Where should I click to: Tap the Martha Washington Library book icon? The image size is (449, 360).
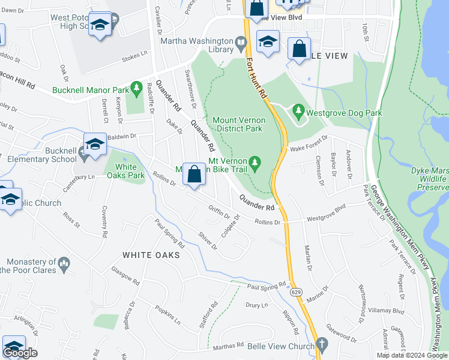point(241,43)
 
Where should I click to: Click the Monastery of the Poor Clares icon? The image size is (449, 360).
point(62,263)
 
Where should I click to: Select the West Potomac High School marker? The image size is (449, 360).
point(100,25)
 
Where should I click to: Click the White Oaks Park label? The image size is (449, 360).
point(130,171)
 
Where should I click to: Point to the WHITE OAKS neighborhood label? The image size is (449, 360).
point(151,255)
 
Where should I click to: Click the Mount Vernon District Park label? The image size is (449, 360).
point(238,124)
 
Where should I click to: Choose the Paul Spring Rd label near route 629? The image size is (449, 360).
point(267,287)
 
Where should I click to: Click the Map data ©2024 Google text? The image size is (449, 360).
point(412,355)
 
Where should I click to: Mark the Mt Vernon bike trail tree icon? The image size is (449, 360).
point(255,162)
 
